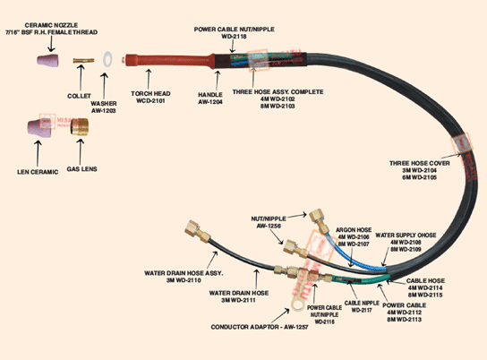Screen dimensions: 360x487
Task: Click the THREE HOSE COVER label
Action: [x=420, y=170]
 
